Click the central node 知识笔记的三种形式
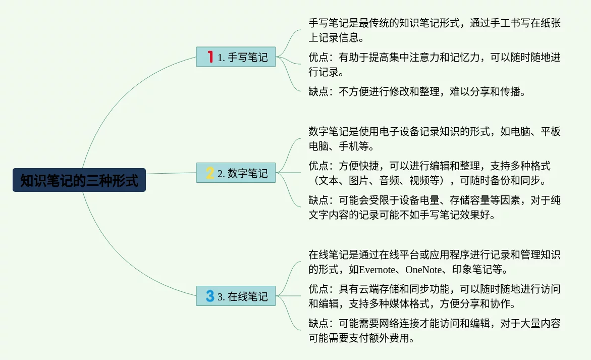pos(79,180)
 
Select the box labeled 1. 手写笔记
pos(236,57)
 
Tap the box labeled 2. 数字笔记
pos(236,173)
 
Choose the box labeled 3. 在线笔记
pos(236,296)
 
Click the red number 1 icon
pos(210,57)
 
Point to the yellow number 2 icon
pos(210,173)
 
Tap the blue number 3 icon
pos(210,295)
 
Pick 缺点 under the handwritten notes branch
pos(318,92)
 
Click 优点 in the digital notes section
pos(318,166)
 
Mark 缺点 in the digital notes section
pos(318,200)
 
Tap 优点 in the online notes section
pos(318,289)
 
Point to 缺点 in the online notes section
pos(318,324)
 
